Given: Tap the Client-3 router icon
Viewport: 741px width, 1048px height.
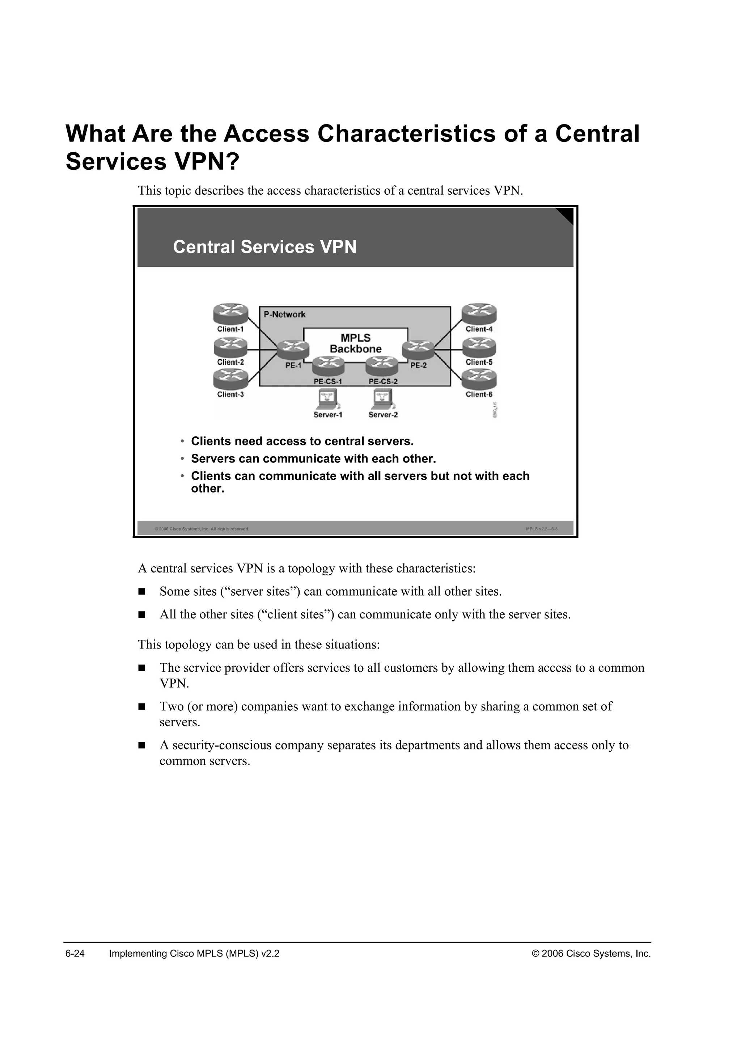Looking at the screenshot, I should point(230,379).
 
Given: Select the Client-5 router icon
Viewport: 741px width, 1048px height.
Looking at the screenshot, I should point(479,348).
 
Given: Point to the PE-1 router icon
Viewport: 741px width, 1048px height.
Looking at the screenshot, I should point(293,350).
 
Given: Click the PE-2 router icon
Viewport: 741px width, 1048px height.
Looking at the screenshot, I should point(418,350).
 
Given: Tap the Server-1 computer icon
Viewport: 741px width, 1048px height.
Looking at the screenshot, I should point(328,400).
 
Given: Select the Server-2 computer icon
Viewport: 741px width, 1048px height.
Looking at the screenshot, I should point(382,400).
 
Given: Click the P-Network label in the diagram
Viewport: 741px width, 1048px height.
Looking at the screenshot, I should point(284,314).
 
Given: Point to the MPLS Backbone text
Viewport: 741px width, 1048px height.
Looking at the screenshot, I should point(355,343).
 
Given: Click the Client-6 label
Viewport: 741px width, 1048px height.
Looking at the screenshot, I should point(479,394).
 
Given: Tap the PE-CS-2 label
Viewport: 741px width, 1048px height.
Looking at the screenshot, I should point(383,381).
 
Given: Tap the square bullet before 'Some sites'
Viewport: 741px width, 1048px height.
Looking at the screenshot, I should point(142,592).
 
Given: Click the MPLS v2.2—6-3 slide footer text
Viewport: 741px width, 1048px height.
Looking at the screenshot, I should point(541,529).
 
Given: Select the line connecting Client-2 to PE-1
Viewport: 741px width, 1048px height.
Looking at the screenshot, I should point(262,350).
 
